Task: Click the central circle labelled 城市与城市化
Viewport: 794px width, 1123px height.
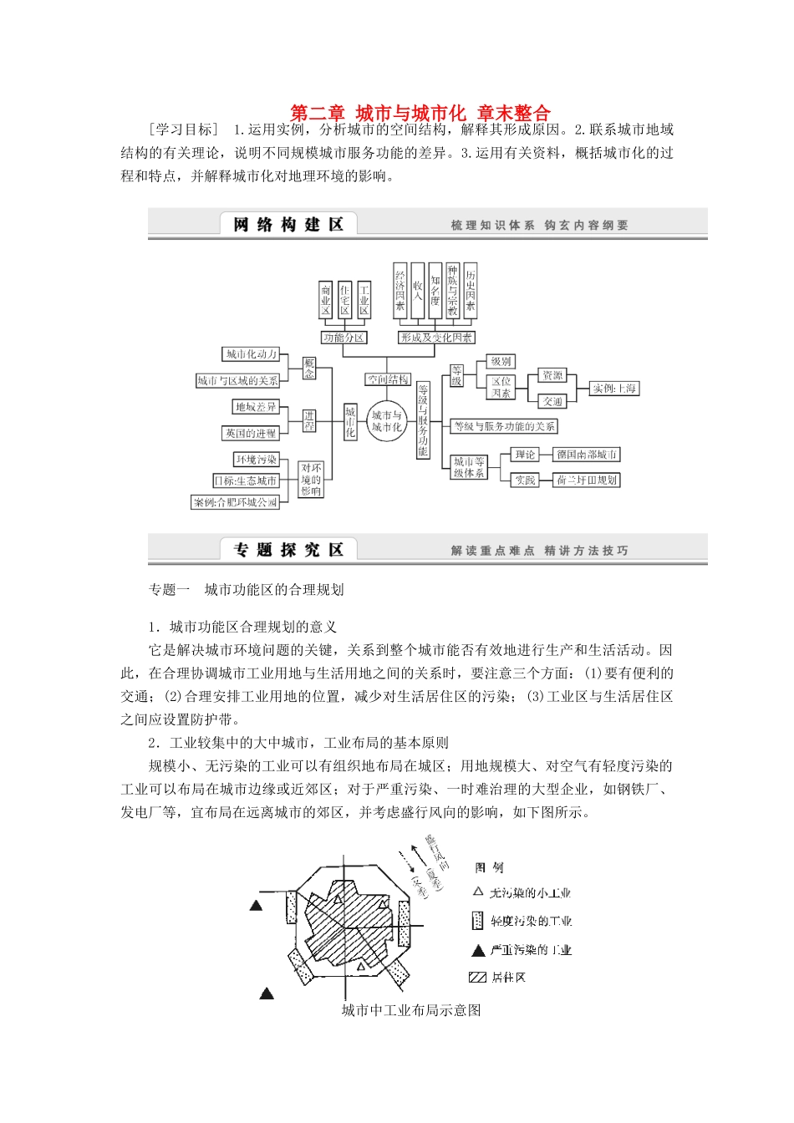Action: [387, 421]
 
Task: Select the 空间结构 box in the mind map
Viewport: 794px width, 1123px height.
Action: [388, 379]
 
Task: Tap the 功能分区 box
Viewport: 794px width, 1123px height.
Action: [344, 338]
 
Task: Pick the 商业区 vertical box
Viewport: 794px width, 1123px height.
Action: [326, 300]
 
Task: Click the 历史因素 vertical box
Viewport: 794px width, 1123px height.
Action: [471, 290]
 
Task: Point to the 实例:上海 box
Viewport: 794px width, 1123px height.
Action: [614, 389]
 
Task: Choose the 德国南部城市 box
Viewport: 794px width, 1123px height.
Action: [587, 455]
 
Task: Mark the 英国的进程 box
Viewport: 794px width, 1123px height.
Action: [250, 434]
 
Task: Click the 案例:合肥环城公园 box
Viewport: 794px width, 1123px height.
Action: [235, 502]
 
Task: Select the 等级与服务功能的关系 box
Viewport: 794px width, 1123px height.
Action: [504, 426]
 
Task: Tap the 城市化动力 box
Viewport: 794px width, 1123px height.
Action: [252, 354]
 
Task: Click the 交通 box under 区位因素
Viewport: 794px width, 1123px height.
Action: [552, 402]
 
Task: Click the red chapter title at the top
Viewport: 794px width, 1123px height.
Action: [420, 113]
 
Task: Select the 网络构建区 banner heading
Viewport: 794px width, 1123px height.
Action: [288, 224]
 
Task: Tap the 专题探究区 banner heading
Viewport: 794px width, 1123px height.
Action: [288, 550]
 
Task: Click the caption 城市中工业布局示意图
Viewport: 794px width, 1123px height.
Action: [411, 1010]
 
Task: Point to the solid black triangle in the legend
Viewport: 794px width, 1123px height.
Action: [478, 950]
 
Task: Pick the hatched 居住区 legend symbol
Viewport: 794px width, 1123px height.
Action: [477, 978]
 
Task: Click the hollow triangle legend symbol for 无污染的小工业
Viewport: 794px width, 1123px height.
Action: [478, 892]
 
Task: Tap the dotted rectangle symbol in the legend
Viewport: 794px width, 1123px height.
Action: [477, 921]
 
